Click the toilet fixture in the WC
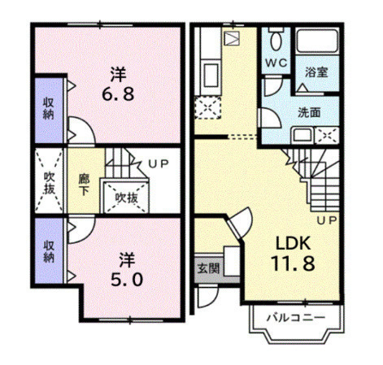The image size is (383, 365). [x=276, y=38]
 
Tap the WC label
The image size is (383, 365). [x=276, y=63]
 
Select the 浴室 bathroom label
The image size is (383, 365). [x=316, y=72]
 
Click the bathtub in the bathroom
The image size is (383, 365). [x=317, y=41]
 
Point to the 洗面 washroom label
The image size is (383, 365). [x=309, y=112]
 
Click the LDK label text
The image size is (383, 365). [x=293, y=243]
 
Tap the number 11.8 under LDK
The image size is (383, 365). [x=293, y=263]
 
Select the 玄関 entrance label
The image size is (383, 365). [x=208, y=268]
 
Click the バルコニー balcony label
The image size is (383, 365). [x=296, y=317]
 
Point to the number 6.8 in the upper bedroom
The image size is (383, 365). [x=118, y=94]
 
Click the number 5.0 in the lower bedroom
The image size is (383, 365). [x=127, y=280]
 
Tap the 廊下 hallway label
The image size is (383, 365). [x=84, y=185]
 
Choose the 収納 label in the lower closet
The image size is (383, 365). [x=49, y=251]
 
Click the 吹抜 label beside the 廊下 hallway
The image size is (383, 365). [x=50, y=183]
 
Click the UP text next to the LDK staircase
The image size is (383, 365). [x=327, y=220]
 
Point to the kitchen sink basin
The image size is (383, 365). [x=211, y=76]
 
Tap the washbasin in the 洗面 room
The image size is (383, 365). [x=302, y=135]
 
